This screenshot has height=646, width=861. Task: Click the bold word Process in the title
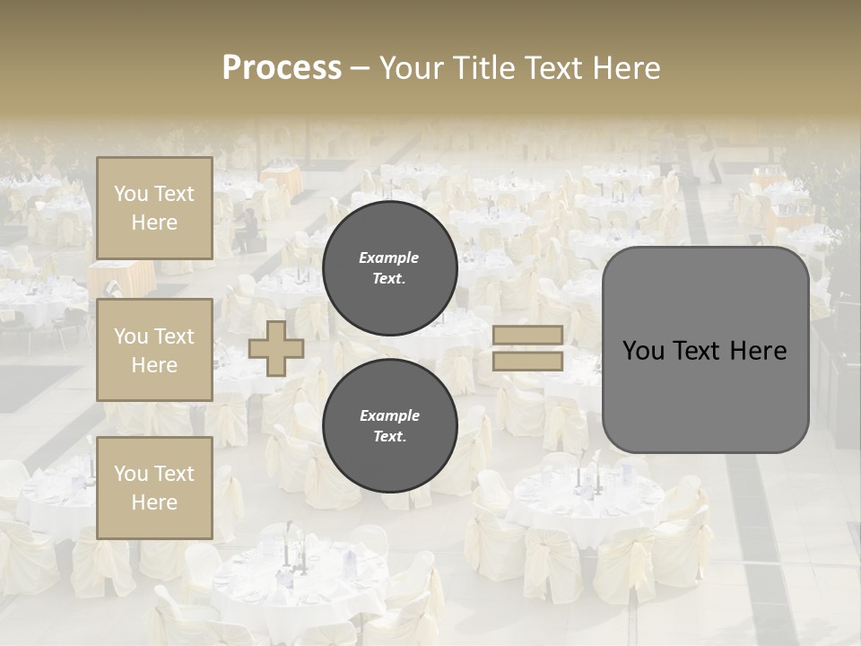tap(282, 68)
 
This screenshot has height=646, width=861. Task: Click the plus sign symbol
tap(276, 348)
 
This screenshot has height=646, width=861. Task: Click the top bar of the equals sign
tap(527, 335)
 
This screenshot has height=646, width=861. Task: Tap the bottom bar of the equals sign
tap(527, 361)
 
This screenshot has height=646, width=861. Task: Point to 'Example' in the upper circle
tap(389, 258)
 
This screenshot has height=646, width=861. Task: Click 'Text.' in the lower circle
tap(389, 437)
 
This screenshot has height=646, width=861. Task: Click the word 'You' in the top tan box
tap(131, 194)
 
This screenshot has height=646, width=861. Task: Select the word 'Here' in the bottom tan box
tap(154, 502)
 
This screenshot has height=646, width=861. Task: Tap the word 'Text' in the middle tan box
tap(173, 336)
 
